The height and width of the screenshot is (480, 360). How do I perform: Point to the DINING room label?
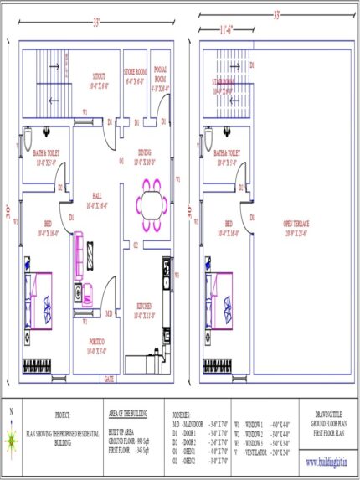(144, 153)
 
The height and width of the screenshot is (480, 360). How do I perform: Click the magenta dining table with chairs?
(151, 204)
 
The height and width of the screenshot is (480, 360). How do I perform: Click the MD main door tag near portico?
(108, 313)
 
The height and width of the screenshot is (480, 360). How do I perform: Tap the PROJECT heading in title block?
(62, 415)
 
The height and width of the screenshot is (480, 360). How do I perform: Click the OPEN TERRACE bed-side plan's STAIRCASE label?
(223, 81)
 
